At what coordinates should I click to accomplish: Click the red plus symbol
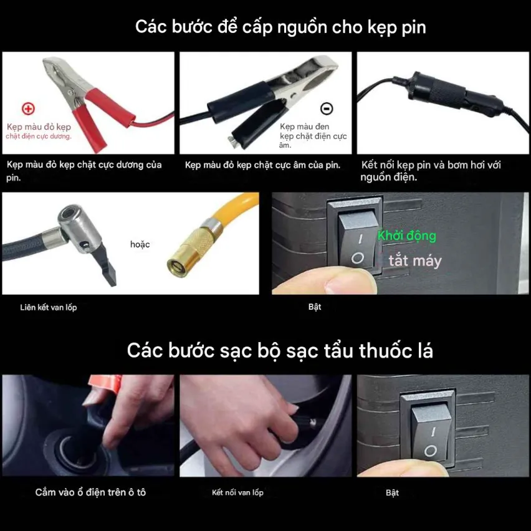coord(29,108)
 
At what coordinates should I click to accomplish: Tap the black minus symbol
coord(327,108)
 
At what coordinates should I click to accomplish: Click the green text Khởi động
coord(407,236)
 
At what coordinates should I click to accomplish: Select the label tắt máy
coord(415,261)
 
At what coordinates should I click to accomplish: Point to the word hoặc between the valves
coord(140,244)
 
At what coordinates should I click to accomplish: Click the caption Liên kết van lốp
coord(49,307)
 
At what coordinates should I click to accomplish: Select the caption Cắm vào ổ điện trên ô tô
coord(90,492)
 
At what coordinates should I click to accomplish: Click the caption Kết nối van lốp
coord(237,492)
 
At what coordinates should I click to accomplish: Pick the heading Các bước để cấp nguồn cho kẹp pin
coord(280,27)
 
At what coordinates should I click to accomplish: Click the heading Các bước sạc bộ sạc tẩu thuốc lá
coord(280,350)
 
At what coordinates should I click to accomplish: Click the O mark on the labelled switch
coord(357,259)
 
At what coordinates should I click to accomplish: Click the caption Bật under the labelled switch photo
coord(315,307)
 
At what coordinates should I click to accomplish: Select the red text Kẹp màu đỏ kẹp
coord(39,127)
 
